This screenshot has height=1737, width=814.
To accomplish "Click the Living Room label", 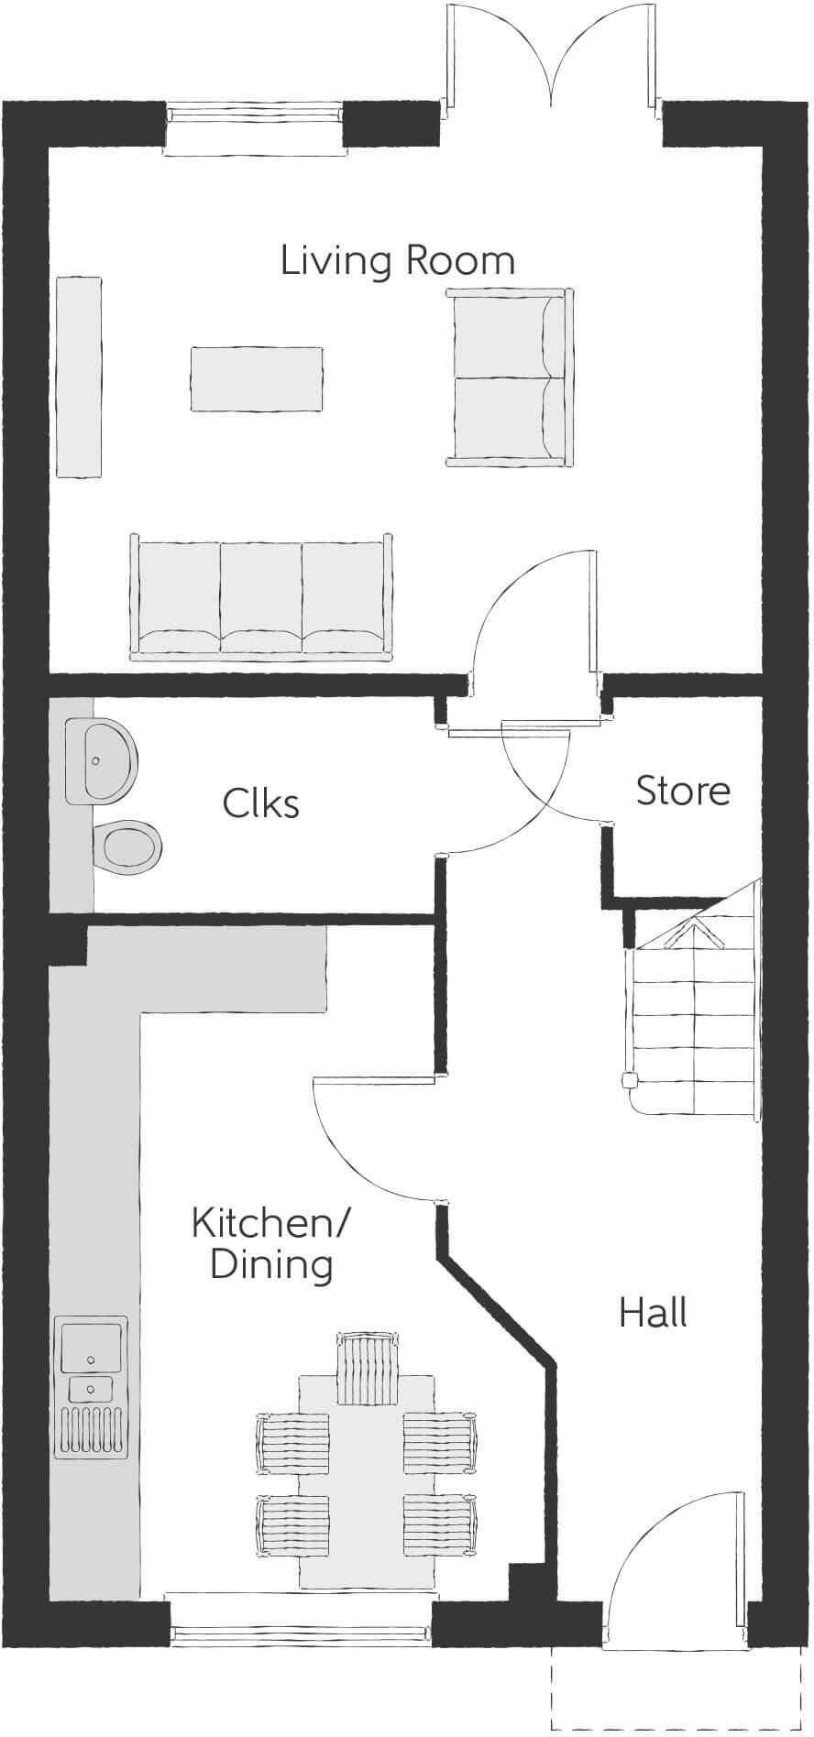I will click(397, 261).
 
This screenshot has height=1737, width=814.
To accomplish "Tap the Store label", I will click(683, 791).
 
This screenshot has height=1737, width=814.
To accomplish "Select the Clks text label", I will click(260, 803).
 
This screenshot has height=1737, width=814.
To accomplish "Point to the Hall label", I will click(653, 1313).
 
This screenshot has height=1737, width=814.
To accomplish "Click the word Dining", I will click(270, 1264).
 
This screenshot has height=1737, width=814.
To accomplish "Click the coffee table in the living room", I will click(257, 379).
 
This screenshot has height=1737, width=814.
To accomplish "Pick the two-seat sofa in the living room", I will click(509, 377).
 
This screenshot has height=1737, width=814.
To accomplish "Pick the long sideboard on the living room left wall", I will click(79, 377).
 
